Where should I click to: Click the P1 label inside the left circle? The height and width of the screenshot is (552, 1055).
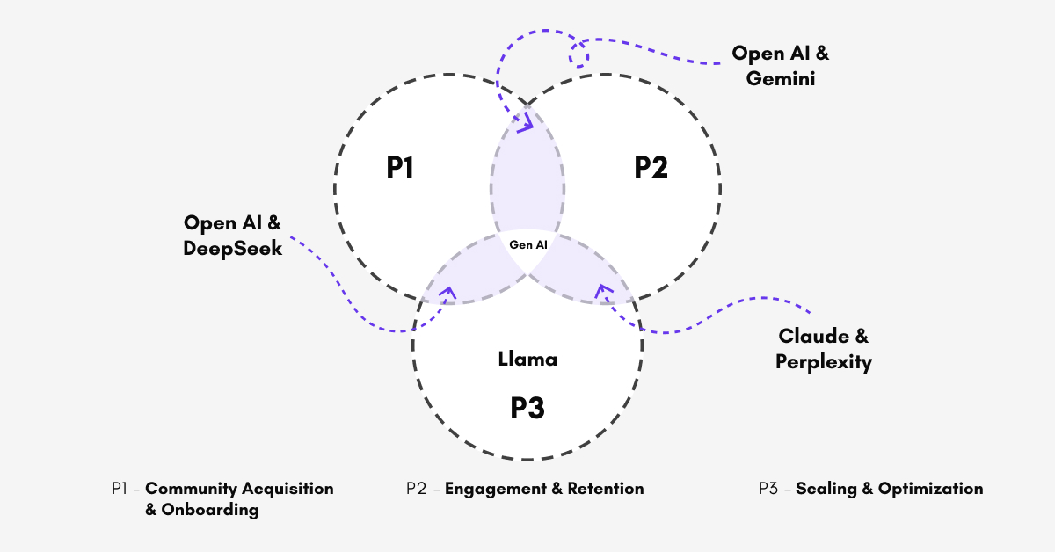[x=400, y=167]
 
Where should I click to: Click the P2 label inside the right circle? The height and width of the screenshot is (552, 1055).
[x=651, y=167]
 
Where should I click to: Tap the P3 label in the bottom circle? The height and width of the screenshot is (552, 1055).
[x=527, y=408]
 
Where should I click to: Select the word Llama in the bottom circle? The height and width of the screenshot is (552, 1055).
[x=527, y=359]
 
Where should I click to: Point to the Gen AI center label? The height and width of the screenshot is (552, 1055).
[x=528, y=245]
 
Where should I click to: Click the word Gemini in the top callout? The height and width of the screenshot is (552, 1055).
[x=782, y=79]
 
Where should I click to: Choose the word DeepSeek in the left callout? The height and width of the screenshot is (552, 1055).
[x=233, y=249]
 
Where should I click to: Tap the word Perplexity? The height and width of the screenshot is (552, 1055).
[x=824, y=361]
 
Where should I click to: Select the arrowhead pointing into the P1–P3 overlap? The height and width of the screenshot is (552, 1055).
[x=447, y=294]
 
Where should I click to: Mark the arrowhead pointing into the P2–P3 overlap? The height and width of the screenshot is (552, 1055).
[x=603, y=291]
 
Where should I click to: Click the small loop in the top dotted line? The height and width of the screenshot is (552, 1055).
[x=578, y=54]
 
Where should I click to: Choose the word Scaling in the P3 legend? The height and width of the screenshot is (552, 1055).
[x=825, y=489]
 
